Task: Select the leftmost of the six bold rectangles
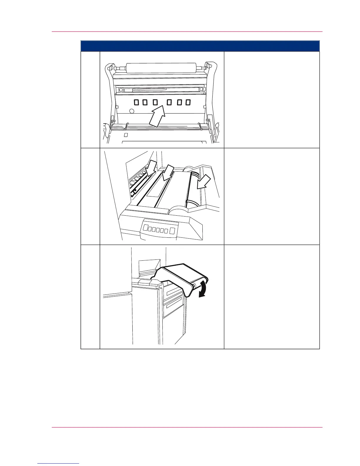[137, 102]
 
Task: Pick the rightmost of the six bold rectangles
[188, 102]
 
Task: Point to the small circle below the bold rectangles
[132, 111]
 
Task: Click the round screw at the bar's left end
[121, 89]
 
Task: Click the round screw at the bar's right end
[201, 89]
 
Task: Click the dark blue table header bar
[200, 46]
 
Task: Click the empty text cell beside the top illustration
[271, 100]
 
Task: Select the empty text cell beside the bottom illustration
[271, 297]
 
